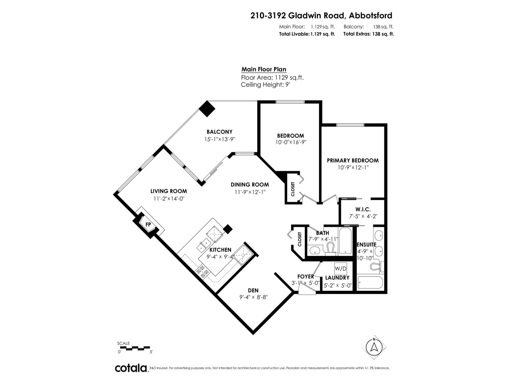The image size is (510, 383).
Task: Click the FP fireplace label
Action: coord(148,225)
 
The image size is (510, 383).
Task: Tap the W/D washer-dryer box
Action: coord(340,269)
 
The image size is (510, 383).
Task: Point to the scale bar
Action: coord(134,348)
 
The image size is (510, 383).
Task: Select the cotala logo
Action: coord(131,368)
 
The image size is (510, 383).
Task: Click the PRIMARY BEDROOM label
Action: coord(353,161)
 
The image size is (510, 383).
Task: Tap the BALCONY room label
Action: coord(219,132)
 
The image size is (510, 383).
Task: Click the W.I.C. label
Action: coord(363,209)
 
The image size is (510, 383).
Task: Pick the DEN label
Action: coord(253,290)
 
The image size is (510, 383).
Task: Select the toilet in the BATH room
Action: coord(331,249)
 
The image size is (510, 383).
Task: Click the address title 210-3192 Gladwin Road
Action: coord(321,15)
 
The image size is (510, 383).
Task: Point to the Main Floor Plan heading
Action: coord(264,69)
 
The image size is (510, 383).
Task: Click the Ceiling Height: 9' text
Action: coord(265,85)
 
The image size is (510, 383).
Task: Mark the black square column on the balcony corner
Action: coord(207,109)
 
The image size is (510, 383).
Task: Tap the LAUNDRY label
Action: coord(337,278)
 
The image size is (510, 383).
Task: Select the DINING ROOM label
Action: coord(250,184)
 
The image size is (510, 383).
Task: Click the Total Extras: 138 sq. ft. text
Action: coord(368,34)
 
